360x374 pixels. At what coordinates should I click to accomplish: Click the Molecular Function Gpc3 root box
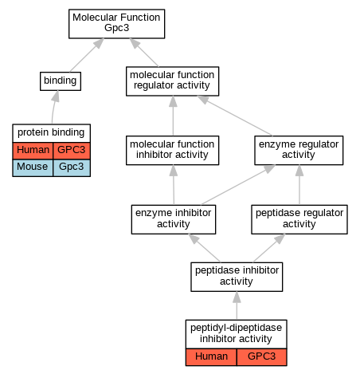(x=116, y=24)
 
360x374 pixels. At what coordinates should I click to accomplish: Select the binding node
(x=61, y=81)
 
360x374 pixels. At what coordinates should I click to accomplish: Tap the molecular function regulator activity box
(x=172, y=81)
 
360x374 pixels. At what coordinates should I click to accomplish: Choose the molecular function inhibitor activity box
(x=172, y=150)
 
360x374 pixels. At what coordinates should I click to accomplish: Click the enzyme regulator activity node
(x=299, y=150)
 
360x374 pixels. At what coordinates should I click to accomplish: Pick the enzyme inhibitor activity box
(x=174, y=219)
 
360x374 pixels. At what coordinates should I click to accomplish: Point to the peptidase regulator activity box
(x=299, y=219)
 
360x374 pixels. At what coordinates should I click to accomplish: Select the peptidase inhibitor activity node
(x=237, y=277)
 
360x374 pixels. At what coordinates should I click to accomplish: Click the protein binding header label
(x=51, y=133)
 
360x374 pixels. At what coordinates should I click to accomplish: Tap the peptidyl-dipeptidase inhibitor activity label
(x=236, y=334)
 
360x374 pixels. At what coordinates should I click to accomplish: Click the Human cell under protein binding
(x=33, y=151)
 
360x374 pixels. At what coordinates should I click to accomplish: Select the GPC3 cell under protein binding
(x=72, y=151)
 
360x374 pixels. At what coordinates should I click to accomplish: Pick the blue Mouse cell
(x=33, y=167)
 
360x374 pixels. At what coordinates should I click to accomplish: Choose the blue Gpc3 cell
(x=72, y=167)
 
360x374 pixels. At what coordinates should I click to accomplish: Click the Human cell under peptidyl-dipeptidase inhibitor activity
(x=211, y=357)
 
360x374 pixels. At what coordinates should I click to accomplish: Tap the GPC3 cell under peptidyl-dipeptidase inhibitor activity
(x=262, y=357)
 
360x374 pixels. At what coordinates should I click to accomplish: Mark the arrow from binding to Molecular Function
(x=87, y=55)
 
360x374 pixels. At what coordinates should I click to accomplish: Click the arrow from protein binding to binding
(x=54, y=107)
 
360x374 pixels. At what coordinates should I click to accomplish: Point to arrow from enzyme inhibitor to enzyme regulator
(x=238, y=185)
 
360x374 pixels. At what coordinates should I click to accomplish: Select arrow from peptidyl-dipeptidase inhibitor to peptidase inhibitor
(x=237, y=305)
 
